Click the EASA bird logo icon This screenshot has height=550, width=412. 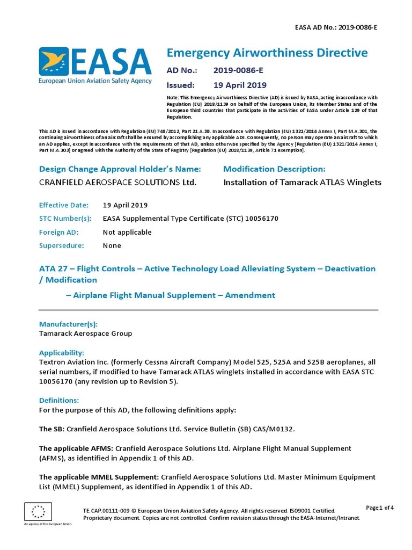tap(53, 61)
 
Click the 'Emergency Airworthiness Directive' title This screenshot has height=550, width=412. tap(267, 53)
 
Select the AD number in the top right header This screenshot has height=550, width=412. tap(336, 26)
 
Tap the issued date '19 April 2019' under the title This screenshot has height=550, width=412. tap(240, 85)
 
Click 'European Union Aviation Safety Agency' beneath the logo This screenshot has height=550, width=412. tap(95, 81)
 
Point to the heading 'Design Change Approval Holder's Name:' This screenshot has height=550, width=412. tap(120, 169)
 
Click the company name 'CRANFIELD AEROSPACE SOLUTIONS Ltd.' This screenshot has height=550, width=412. tap(118, 182)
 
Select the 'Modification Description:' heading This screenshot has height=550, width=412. tap(274, 169)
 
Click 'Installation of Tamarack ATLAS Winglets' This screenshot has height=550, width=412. tap(302, 182)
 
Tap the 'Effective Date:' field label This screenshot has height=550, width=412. tap(62, 205)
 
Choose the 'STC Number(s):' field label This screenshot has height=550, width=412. tap(65, 219)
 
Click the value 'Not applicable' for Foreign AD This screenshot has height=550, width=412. tap(127, 232)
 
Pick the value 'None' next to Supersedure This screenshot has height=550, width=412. tap(112, 245)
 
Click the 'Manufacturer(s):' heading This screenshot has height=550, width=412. tap(69, 324)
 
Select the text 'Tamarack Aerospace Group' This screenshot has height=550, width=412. tap(86, 333)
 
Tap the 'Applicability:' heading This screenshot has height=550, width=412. tap(62, 353)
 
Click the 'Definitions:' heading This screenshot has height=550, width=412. tap(59, 400)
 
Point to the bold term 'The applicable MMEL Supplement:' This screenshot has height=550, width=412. tap(99, 477)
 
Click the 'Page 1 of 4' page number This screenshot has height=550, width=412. tap(380, 508)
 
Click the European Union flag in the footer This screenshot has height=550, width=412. tap(38, 511)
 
